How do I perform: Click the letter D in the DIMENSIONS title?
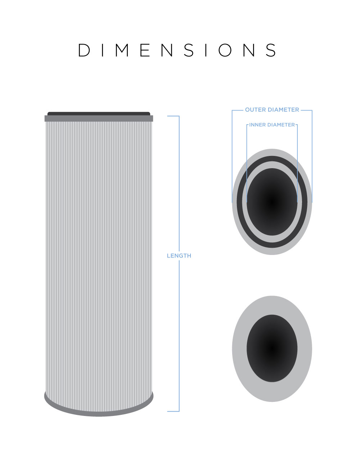click(84, 50)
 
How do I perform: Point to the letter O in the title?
click(225, 50)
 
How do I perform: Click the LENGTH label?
click(179, 256)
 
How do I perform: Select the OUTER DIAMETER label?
click(272, 110)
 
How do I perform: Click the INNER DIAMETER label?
click(272, 125)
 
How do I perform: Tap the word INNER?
click(257, 125)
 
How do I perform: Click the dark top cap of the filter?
click(99, 113)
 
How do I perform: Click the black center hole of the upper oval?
click(272, 202)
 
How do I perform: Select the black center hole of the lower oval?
click(272, 348)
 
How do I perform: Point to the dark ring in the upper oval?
click(272, 159)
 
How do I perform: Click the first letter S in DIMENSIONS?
click(189, 50)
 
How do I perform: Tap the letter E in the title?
click(145, 50)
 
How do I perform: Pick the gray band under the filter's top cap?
click(99, 118)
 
